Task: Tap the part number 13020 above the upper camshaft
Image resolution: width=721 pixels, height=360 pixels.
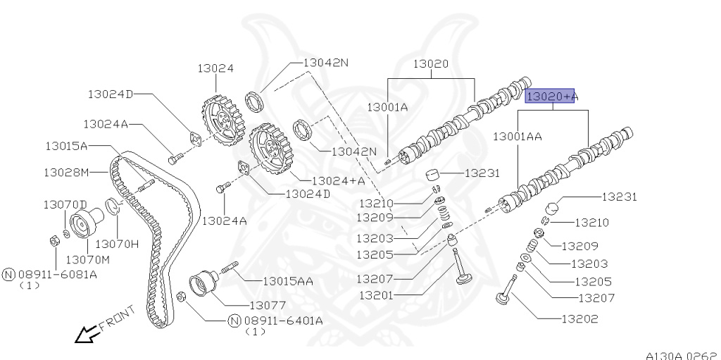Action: [430, 63]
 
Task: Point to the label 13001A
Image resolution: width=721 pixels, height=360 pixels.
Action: [387, 107]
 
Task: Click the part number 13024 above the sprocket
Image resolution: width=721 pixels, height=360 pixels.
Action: [215, 68]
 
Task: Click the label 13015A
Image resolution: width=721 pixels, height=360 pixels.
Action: [66, 147]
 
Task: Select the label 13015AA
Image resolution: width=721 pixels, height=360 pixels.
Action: [287, 281]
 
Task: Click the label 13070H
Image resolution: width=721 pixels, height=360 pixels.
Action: [117, 244]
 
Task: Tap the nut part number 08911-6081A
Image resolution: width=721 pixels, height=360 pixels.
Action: [56, 273]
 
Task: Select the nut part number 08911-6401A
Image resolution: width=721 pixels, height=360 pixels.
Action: [283, 321]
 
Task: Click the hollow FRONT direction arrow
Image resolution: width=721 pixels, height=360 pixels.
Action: [87, 334]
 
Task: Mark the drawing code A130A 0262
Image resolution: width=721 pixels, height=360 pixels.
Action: [681, 355]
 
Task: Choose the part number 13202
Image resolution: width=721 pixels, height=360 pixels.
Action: [579, 318]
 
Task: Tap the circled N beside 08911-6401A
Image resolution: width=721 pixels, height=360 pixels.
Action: [234, 321]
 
